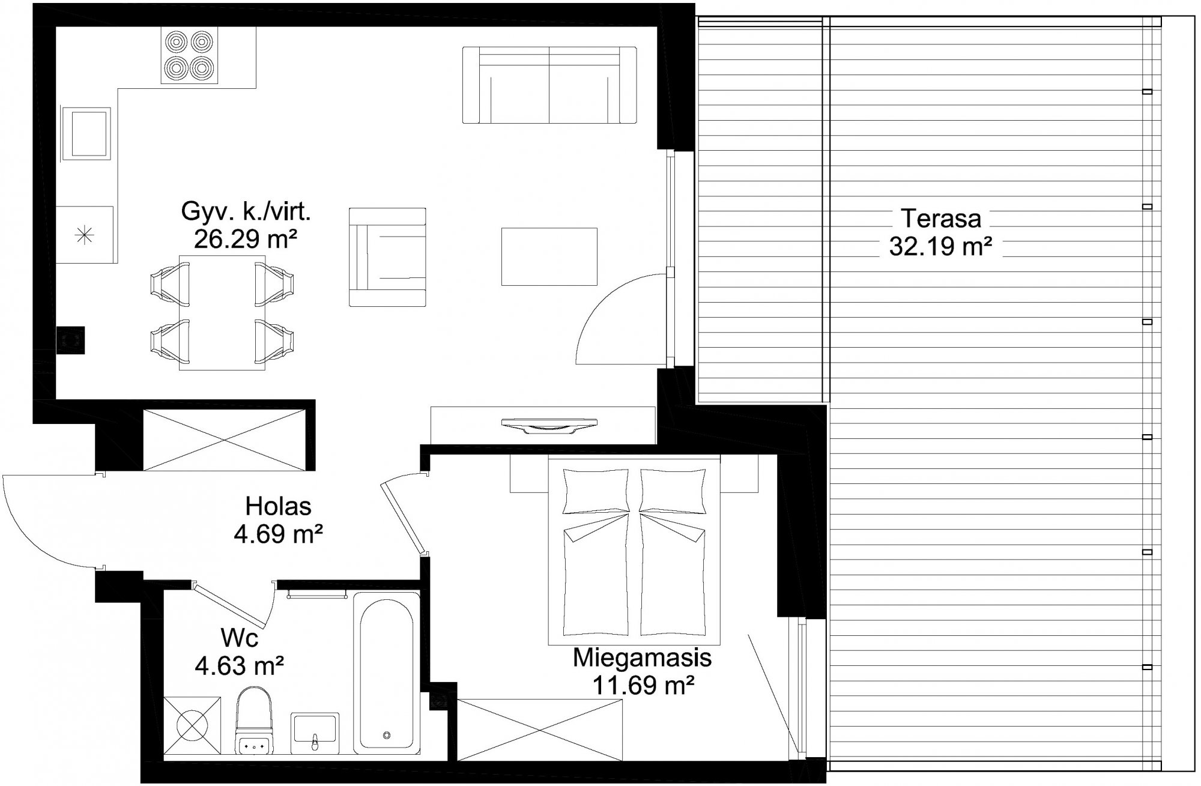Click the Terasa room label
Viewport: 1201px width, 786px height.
(941, 219)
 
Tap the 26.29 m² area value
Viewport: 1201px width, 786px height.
(246, 240)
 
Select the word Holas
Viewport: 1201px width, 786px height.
(278, 506)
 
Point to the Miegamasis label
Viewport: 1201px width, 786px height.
(642, 658)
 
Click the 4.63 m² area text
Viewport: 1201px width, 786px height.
(240, 665)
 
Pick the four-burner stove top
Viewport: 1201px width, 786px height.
(190, 56)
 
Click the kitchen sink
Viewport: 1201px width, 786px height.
(87, 133)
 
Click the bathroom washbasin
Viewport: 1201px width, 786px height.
(315, 733)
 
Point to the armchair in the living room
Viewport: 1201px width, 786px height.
(387, 257)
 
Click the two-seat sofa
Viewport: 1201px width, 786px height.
(549, 85)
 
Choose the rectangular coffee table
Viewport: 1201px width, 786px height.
(549, 256)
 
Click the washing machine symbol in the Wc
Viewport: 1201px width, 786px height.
(192, 725)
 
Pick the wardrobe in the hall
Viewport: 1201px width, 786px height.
(225, 440)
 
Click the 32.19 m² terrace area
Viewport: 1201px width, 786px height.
(941, 246)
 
